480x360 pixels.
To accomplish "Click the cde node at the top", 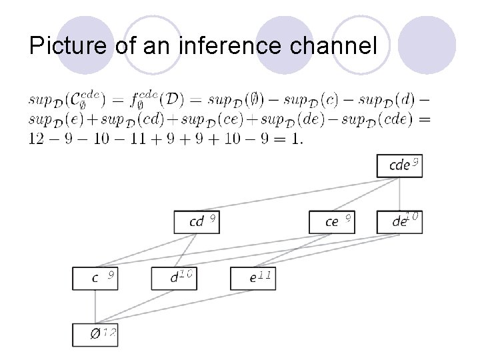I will (x=399, y=165).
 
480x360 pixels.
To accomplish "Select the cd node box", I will (x=196, y=221).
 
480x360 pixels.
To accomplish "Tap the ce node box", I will (x=331, y=221).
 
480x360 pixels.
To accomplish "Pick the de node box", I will (x=399, y=221).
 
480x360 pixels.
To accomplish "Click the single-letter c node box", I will (x=95, y=277).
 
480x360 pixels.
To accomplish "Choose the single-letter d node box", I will (x=173, y=277).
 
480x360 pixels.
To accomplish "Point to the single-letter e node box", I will (x=252, y=277).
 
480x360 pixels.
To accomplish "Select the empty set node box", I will (x=95, y=334).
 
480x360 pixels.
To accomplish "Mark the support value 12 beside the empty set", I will (x=109, y=331).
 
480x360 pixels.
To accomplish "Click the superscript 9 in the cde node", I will (x=415, y=161).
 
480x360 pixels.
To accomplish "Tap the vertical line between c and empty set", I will (x=95, y=306).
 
